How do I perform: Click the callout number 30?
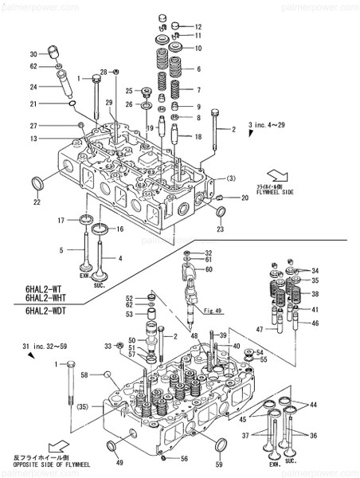tap(33, 53)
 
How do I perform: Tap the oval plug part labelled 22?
tap(37, 185)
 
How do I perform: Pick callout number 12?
tap(198, 26)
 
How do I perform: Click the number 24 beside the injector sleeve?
tap(33, 87)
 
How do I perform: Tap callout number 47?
tap(260, 328)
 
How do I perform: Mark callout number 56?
tap(184, 460)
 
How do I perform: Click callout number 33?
tap(108, 345)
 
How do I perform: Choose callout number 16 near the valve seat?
tap(120, 229)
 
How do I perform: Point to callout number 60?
tap(209, 270)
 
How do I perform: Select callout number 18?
tap(198, 136)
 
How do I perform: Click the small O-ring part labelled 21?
tap(72, 104)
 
